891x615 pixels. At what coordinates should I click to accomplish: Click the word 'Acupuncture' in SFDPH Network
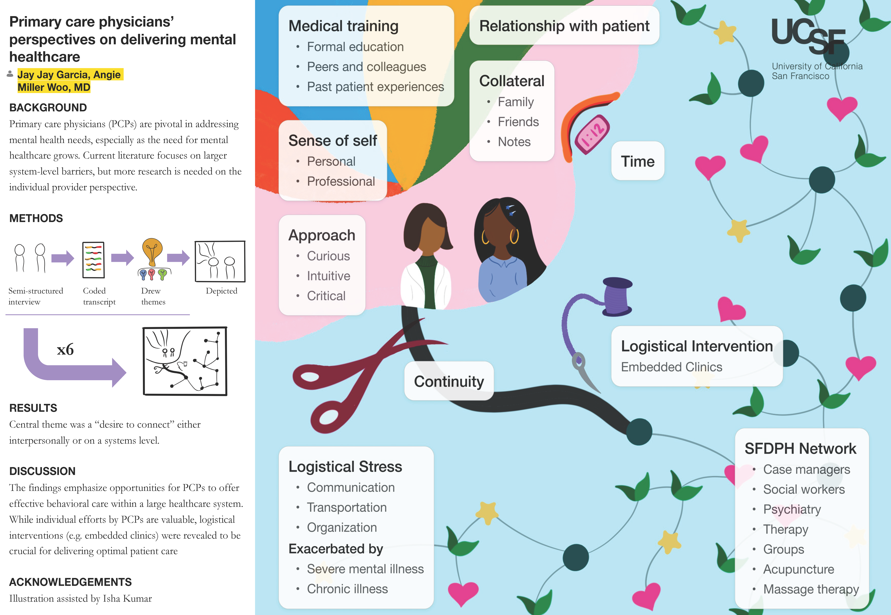pos(798,569)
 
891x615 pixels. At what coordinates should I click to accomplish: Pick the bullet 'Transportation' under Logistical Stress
pos(347,507)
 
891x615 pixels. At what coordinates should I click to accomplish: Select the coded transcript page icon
pos(93,260)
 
